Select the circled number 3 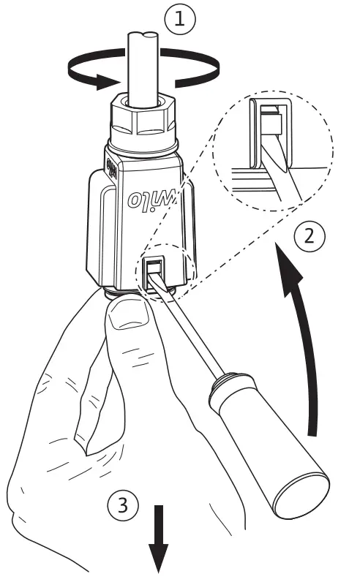point(122,504)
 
